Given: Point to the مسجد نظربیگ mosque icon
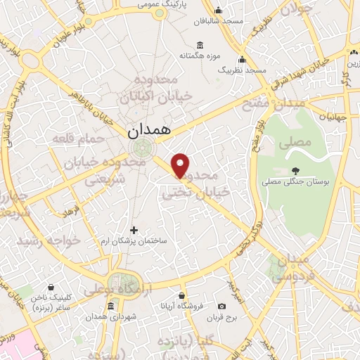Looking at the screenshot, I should [243, 59].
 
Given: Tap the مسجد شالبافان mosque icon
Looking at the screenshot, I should [219, 10].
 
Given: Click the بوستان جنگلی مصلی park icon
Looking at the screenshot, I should [295, 171].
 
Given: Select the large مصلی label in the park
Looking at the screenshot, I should [295, 143].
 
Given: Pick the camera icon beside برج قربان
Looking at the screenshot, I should [222, 306].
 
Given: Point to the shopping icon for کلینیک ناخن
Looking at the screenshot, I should [49, 286].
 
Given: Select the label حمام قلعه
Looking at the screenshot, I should [78, 139].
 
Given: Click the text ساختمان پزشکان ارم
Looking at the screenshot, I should [134, 240].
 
